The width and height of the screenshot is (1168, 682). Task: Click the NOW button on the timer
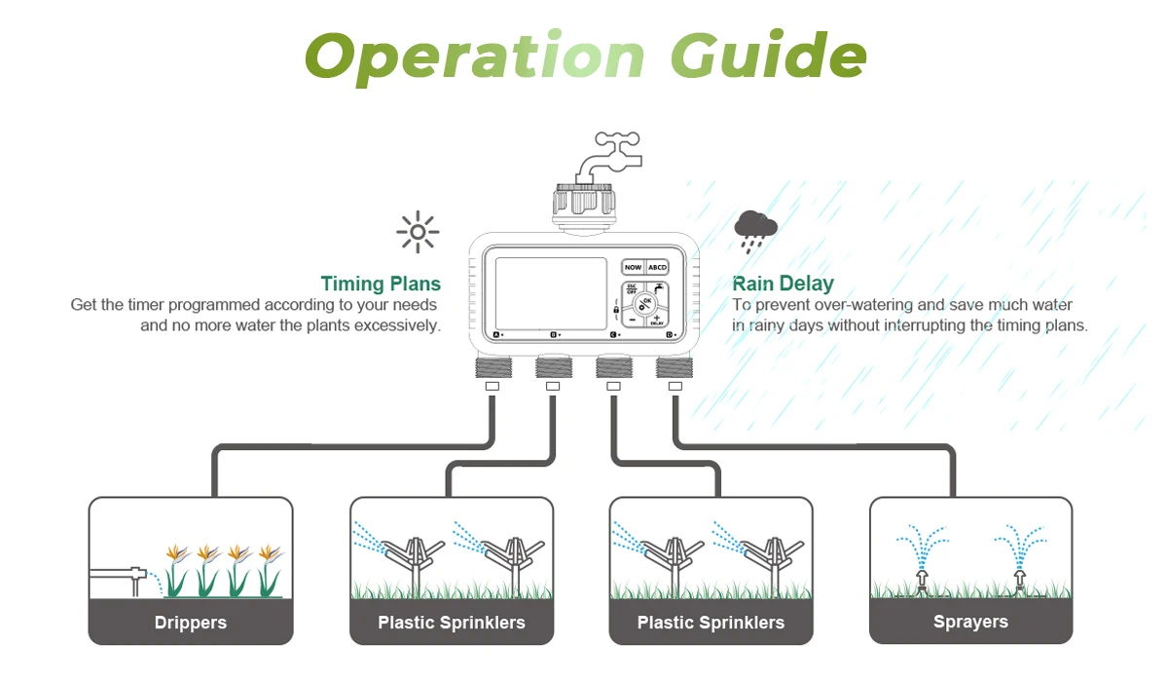click(634, 267)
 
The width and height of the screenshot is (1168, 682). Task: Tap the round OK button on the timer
click(644, 303)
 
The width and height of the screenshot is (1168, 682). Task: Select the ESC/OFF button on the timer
click(632, 289)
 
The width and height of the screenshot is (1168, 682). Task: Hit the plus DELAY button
click(657, 319)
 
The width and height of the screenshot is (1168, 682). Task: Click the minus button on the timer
click(632, 319)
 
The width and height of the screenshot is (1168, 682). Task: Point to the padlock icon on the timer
click(616, 310)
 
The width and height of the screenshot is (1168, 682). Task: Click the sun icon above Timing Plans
click(418, 232)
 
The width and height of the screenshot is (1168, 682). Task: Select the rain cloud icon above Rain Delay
click(755, 228)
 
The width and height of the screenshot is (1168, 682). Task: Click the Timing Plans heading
click(381, 284)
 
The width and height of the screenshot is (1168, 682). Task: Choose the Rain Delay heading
click(783, 284)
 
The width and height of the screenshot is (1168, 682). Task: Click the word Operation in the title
click(475, 56)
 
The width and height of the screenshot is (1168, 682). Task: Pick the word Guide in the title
click(768, 56)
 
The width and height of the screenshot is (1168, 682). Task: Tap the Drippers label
click(191, 623)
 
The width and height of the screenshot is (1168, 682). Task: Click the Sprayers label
click(970, 622)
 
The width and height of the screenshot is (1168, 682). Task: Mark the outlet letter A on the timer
click(495, 335)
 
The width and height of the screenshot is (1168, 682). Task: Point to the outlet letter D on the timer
click(670, 335)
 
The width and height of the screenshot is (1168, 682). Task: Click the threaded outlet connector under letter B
click(553, 367)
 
